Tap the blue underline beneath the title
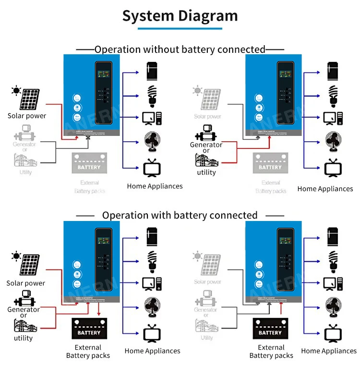pos(180,29)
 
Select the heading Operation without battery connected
pos(180,49)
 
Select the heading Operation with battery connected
pos(180,215)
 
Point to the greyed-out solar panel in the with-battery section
pos(210,265)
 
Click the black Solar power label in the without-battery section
pos(27,116)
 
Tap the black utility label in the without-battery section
pos(206,172)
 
